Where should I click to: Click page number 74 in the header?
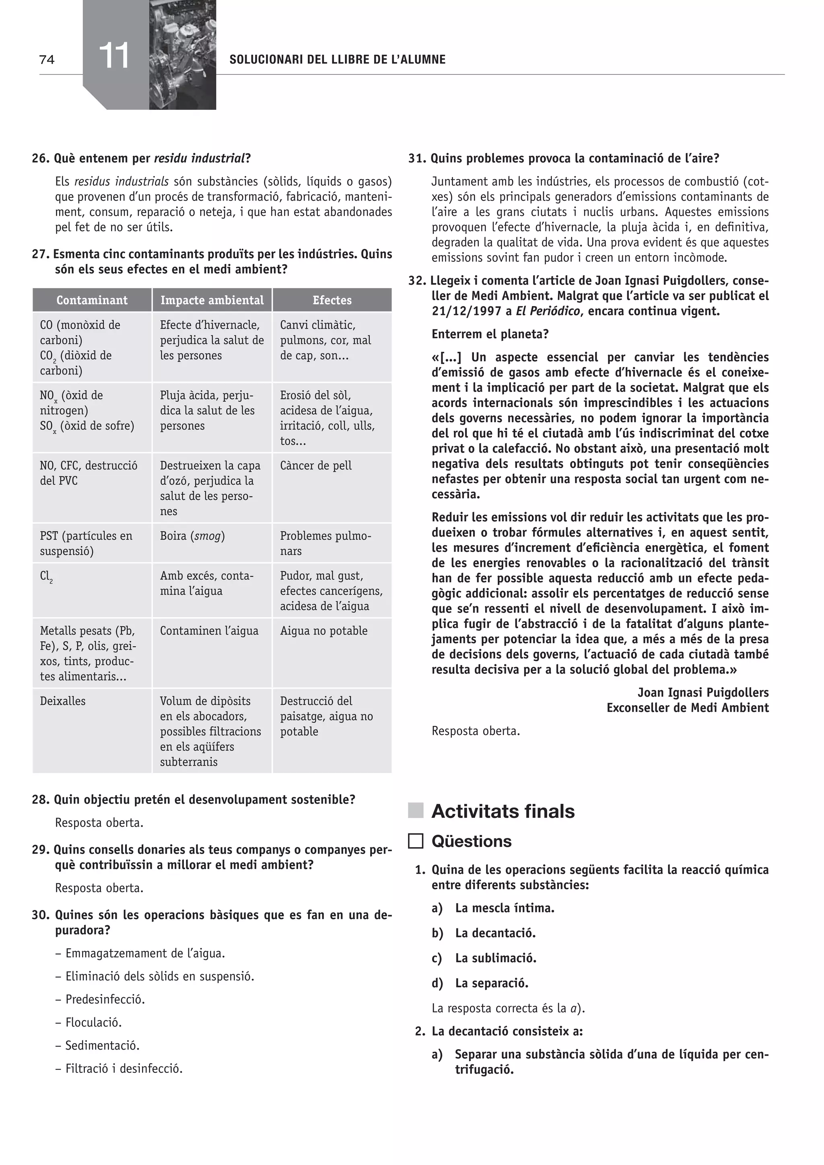[x=47, y=60]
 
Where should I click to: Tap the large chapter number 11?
[x=114, y=56]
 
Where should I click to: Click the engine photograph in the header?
[x=183, y=55]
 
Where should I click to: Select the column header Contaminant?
[x=92, y=300]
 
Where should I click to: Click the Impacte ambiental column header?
[x=212, y=300]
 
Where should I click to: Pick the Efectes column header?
[x=332, y=300]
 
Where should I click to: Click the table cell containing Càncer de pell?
[x=315, y=465]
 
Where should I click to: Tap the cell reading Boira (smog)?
[x=192, y=536]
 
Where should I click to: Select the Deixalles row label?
[x=63, y=701]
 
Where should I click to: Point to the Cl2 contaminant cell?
[x=47, y=577]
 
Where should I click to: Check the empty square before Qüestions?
[x=416, y=841]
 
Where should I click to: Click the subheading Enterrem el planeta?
[x=490, y=334]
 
